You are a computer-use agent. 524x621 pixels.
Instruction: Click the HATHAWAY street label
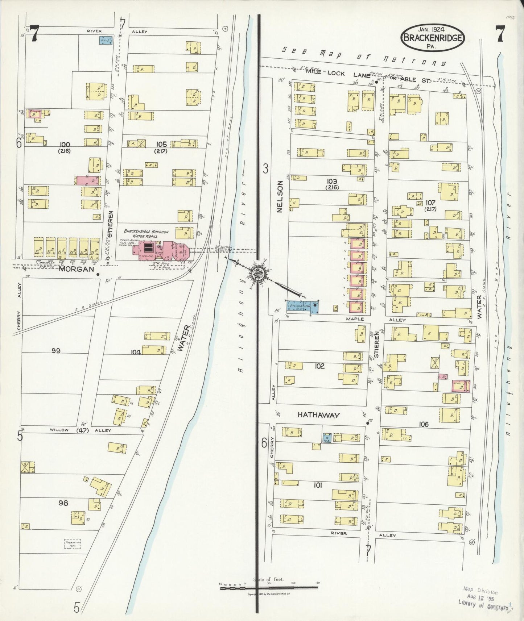[x=319, y=415]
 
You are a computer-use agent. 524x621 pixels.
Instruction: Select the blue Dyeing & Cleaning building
[x=301, y=307]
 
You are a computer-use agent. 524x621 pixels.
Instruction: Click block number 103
[x=331, y=181]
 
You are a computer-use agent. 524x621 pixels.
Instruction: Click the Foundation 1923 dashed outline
[x=72, y=544]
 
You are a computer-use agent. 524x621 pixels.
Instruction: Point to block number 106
[x=423, y=424]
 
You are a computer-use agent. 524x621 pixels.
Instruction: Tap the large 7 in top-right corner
[x=500, y=34]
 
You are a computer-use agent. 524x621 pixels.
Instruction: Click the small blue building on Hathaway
[x=327, y=437]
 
